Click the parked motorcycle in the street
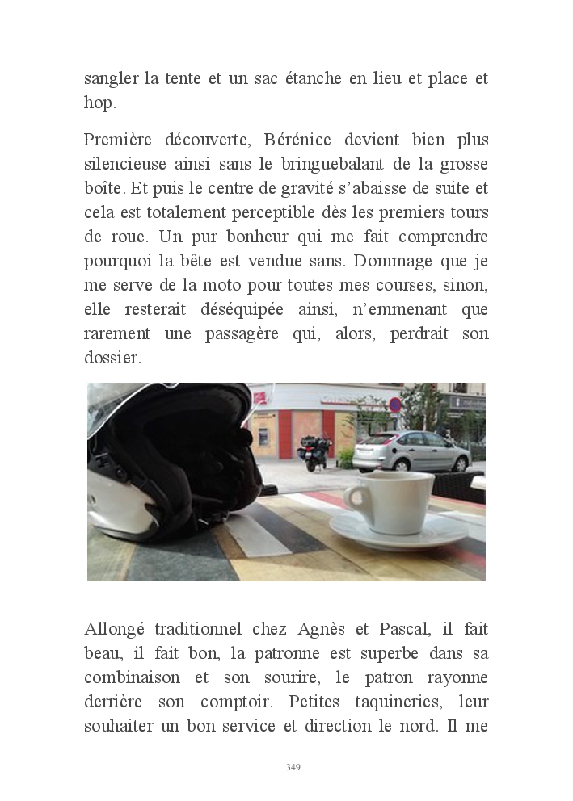coord(313,452)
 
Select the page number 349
coord(293,767)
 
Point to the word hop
coord(101,103)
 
